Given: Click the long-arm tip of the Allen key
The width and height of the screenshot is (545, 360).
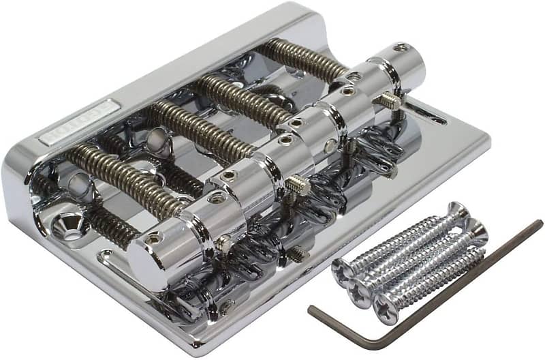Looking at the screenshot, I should tap(538, 224).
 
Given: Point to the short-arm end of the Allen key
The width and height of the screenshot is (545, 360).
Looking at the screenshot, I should tap(313, 310).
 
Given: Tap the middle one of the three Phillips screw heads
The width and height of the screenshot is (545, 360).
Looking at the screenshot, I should tap(359, 292).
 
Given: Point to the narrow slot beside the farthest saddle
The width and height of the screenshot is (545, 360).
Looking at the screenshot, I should tap(426, 113).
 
